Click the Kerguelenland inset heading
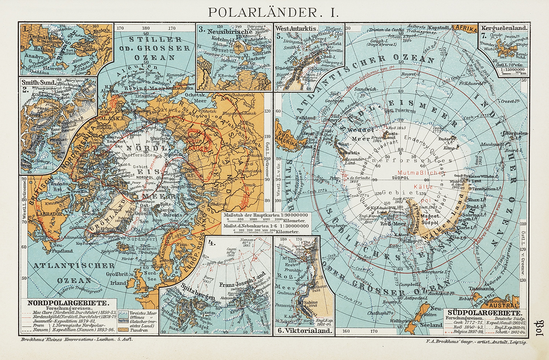[504, 28]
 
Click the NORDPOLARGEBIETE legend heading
[67, 303]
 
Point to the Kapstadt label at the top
[438, 28]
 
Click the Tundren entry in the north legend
[139, 330]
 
